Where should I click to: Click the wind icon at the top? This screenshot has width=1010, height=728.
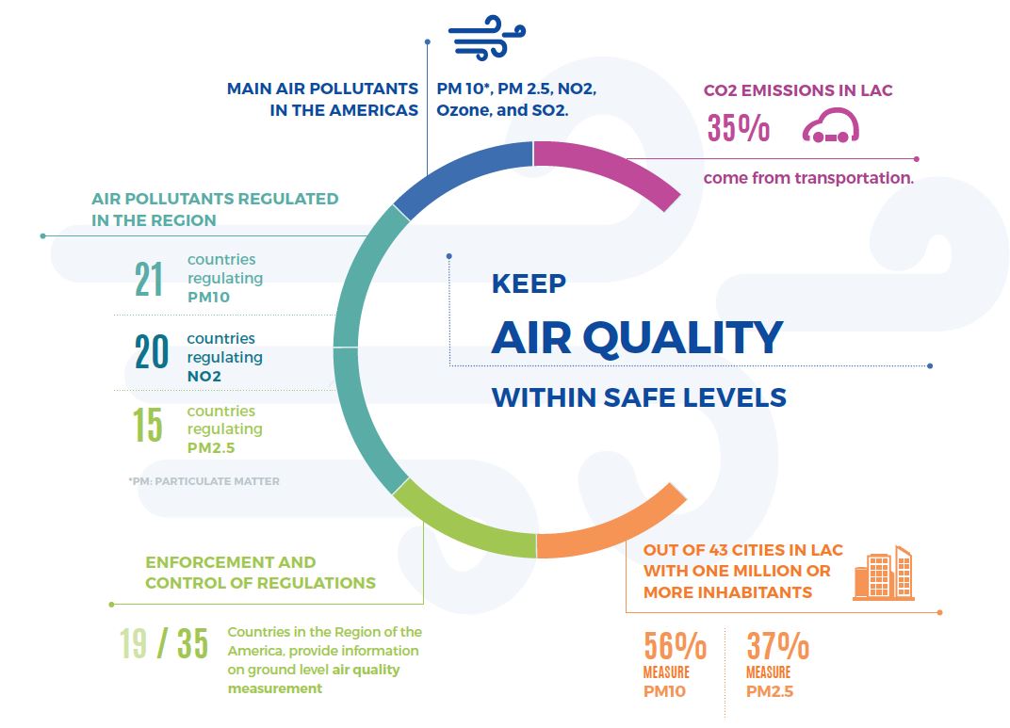[x=487, y=38]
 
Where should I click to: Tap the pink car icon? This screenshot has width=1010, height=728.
[x=831, y=125]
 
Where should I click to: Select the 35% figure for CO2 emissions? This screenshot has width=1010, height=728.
[x=738, y=127]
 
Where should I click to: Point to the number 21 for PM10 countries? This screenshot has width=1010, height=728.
[x=149, y=280]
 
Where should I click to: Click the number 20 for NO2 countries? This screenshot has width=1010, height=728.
[x=152, y=351]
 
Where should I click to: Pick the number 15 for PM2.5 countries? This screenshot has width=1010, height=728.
[x=148, y=424]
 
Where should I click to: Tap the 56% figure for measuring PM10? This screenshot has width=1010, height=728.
[x=675, y=646]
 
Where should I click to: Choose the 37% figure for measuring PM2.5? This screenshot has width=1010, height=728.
[x=777, y=646]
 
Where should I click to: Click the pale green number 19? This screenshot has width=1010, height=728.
[x=134, y=643]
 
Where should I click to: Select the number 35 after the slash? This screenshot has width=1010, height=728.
[x=192, y=643]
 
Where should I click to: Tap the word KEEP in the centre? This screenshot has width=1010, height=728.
[x=529, y=283]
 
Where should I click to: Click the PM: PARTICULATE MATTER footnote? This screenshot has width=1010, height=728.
[x=204, y=481]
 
